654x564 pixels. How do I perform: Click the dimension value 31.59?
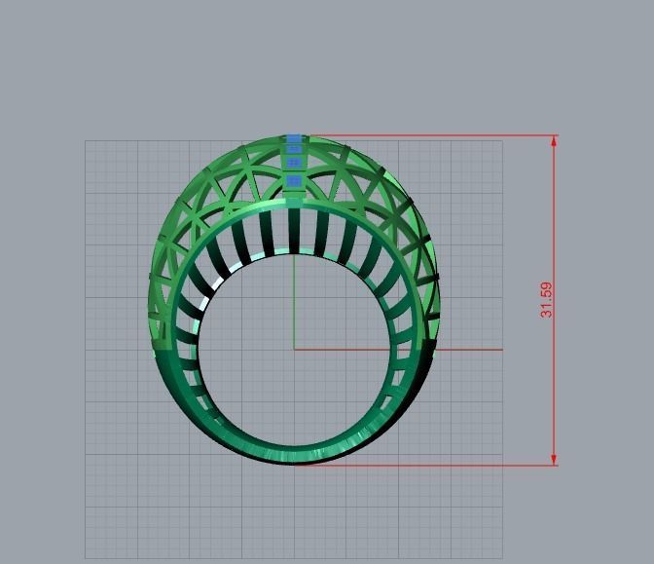(x=546, y=299)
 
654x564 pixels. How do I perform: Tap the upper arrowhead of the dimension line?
(x=555, y=140)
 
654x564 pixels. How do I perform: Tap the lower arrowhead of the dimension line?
(x=555, y=459)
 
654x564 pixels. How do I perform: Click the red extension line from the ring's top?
(x=428, y=135)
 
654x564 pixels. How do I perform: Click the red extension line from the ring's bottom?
(x=428, y=465)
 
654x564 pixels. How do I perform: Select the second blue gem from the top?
(x=294, y=150)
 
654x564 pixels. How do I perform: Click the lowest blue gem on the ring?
(x=294, y=180)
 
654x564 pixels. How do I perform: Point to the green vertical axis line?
(x=294, y=292)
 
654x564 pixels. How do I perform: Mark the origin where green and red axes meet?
(x=294, y=349)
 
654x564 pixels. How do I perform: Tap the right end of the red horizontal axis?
(x=501, y=349)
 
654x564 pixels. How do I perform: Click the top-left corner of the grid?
(x=86, y=141)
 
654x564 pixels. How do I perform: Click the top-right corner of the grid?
(x=502, y=141)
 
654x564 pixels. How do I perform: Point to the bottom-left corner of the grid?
(x=86, y=558)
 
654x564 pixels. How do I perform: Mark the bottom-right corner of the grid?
(x=502, y=558)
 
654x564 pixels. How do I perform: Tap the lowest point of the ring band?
(x=294, y=462)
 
